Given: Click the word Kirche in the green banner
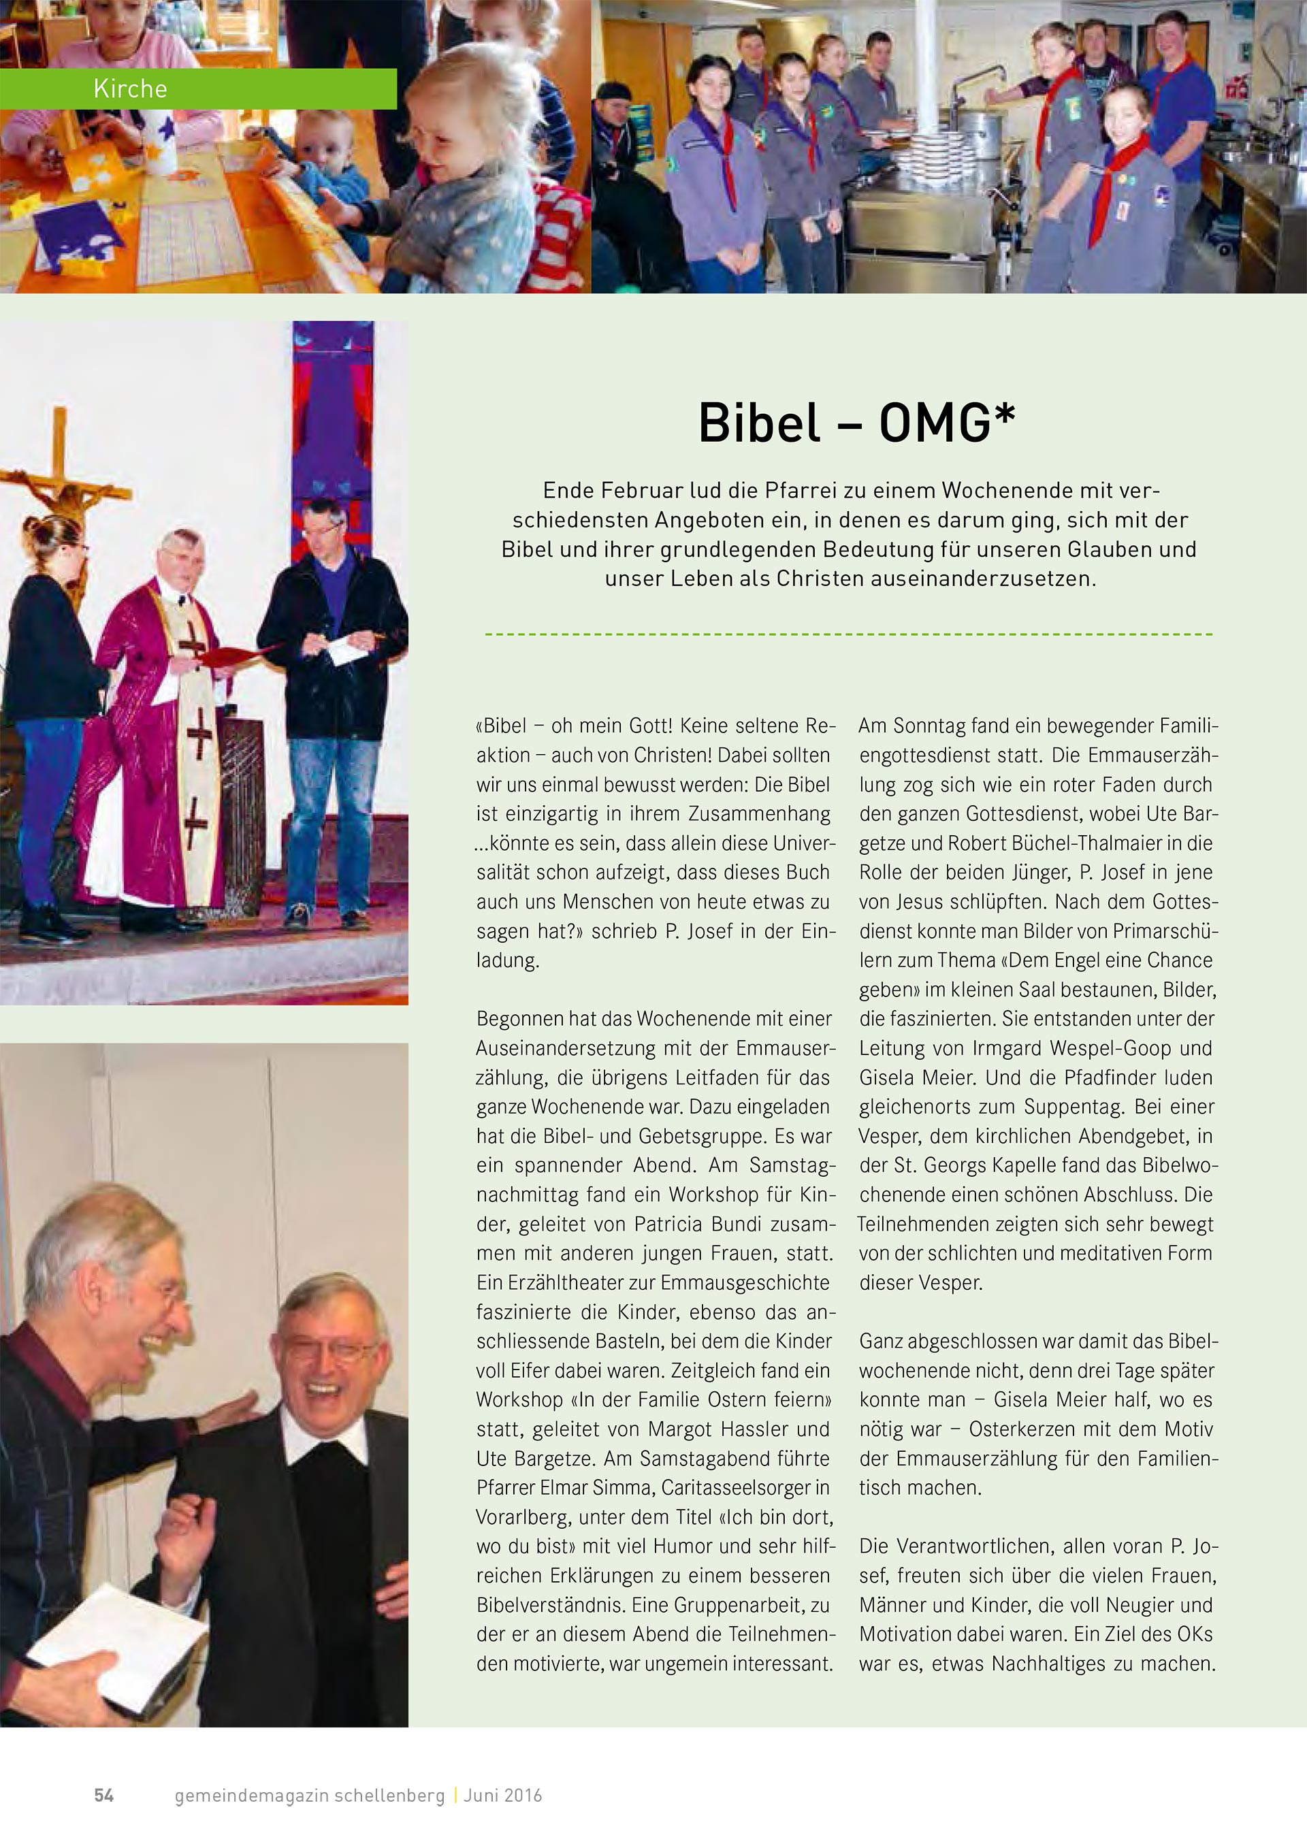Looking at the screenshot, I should tap(131, 88).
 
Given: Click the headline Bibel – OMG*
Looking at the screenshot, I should tap(856, 423).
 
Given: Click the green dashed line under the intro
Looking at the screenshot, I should tap(848, 634).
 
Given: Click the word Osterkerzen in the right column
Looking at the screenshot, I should tap(1024, 1429).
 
